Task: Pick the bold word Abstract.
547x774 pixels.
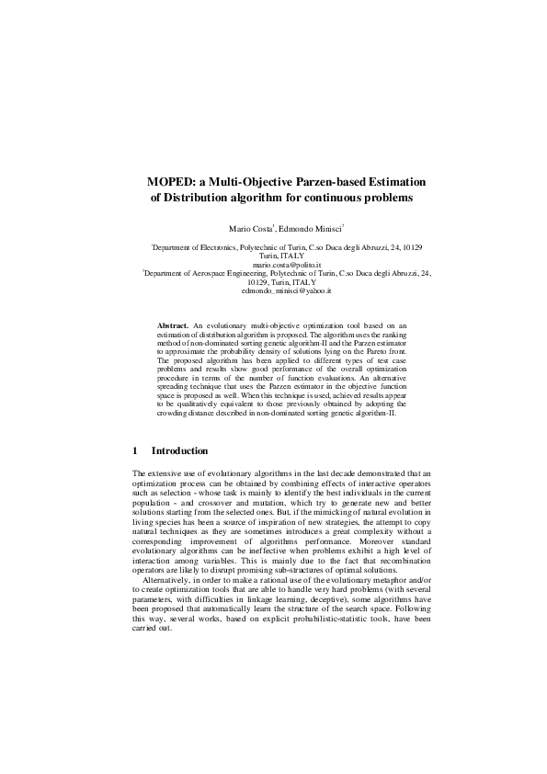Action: pyautogui.click(x=173, y=325)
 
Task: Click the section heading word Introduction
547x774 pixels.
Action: pyautogui.click(x=179, y=451)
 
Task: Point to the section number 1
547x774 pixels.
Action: pyautogui.click(x=136, y=451)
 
